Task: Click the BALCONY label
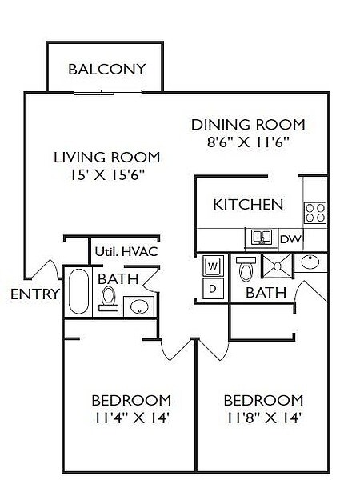106,69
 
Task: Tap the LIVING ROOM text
106,157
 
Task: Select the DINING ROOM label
248,125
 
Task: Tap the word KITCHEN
248,204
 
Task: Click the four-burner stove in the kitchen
314,212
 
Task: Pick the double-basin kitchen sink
261,238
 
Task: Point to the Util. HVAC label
126,251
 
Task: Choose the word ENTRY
34,294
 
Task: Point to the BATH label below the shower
266,293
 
